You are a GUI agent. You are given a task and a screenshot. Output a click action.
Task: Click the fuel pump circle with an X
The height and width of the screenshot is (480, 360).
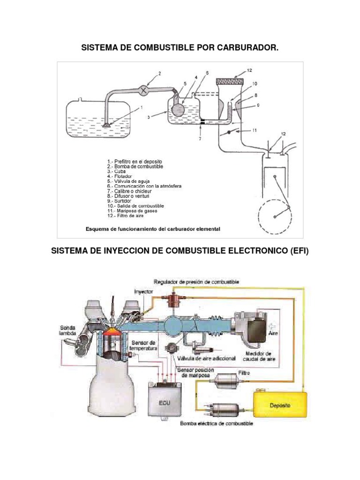tap(144, 90)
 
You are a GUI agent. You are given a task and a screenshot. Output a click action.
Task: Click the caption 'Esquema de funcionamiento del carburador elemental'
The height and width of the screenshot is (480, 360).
tap(153, 230)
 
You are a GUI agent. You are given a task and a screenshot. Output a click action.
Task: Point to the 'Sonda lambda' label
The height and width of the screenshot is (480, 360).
tap(68, 330)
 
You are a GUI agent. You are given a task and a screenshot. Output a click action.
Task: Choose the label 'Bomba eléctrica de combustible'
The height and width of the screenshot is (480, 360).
tap(217, 424)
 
